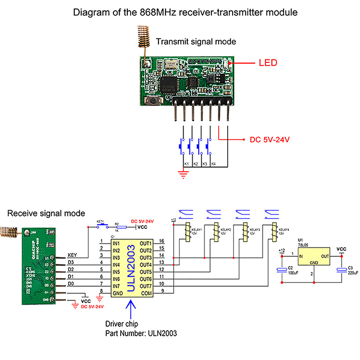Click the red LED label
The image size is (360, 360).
(268, 63)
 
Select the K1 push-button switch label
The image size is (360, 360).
(185, 163)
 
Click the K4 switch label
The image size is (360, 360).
(213, 163)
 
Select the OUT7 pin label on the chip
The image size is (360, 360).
(146, 286)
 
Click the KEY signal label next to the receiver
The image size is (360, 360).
(72, 255)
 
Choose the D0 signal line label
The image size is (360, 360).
(71, 283)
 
